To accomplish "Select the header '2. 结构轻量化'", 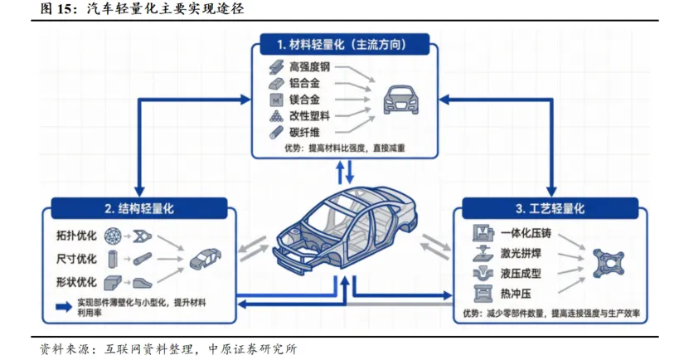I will [x=139, y=208].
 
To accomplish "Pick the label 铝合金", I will [x=305, y=82].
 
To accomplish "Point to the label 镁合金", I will [x=305, y=99].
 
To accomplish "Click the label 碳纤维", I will [x=305, y=132].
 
